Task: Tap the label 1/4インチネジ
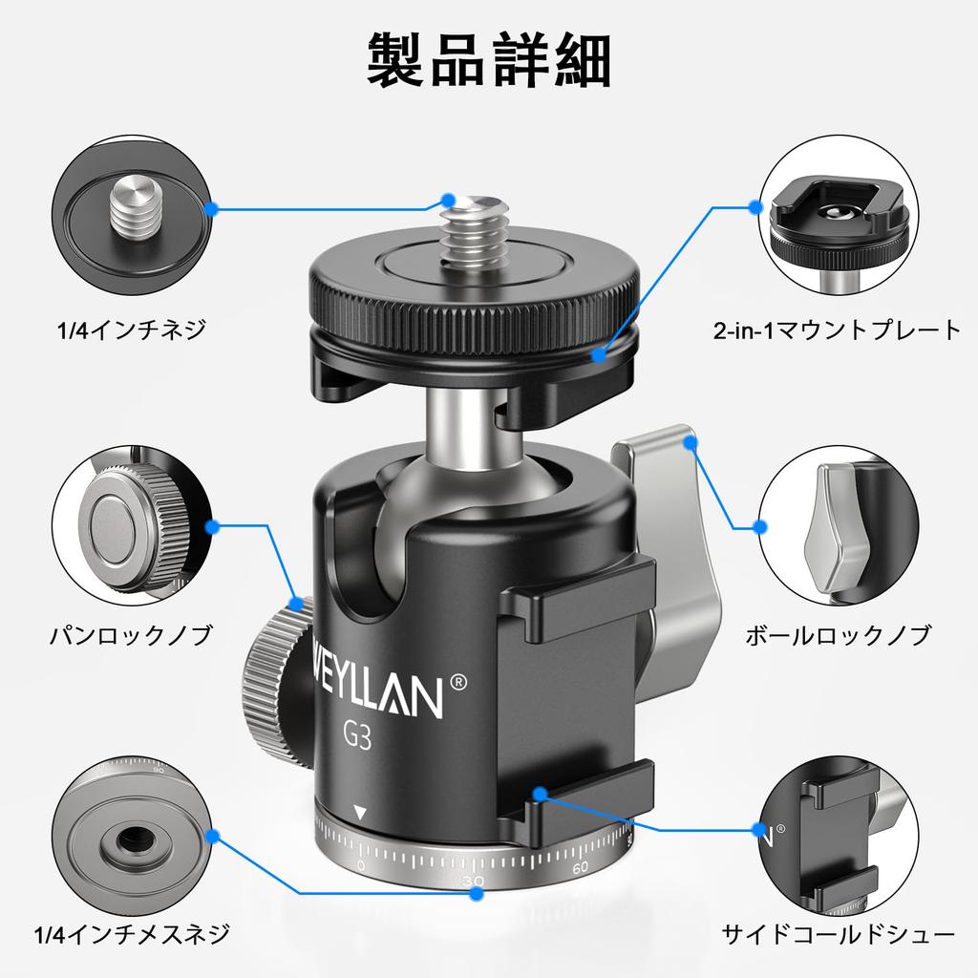(130, 330)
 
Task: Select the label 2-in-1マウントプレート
(837, 330)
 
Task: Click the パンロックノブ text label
(130, 635)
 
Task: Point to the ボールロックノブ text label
(838, 635)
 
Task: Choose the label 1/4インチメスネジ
(130, 933)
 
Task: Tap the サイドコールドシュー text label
(838, 933)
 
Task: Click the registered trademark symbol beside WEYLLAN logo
(458, 681)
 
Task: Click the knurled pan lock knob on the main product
(275, 673)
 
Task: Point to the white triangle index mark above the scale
(360, 814)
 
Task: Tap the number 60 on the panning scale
(580, 867)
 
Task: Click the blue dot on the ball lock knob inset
(759, 525)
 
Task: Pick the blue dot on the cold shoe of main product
(541, 793)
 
